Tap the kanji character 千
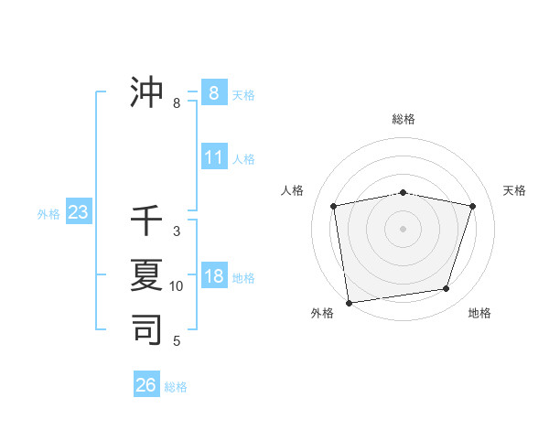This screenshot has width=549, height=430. pyautogui.click(x=146, y=222)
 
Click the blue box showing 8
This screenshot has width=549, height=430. pyautogui.click(x=213, y=92)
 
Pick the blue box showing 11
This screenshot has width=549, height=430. pyautogui.click(x=213, y=157)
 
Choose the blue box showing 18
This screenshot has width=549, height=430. pyautogui.click(x=213, y=276)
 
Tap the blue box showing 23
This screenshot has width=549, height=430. pyautogui.click(x=78, y=213)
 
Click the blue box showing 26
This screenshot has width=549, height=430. pyautogui.click(x=146, y=385)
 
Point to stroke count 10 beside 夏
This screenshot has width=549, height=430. pyautogui.click(x=177, y=286)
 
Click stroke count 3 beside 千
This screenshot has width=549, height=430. pyautogui.click(x=177, y=231)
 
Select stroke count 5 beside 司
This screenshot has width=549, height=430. pyautogui.click(x=177, y=341)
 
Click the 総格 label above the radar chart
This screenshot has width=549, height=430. pyautogui.click(x=404, y=119)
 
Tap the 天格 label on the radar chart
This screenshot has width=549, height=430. pyautogui.click(x=514, y=190)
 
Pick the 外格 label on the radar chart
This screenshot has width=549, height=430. pyautogui.click(x=322, y=313)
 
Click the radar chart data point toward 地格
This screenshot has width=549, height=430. pyautogui.click(x=447, y=289)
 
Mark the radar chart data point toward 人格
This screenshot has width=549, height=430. pyautogui.click(x=333, y=206)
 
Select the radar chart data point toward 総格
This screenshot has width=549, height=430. pyautogui.click(x=404, y=192)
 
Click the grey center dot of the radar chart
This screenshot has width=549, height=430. pyautogui.click(x=404, y=229)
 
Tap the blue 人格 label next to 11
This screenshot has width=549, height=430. pyautogui.click(x=243, y=159)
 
